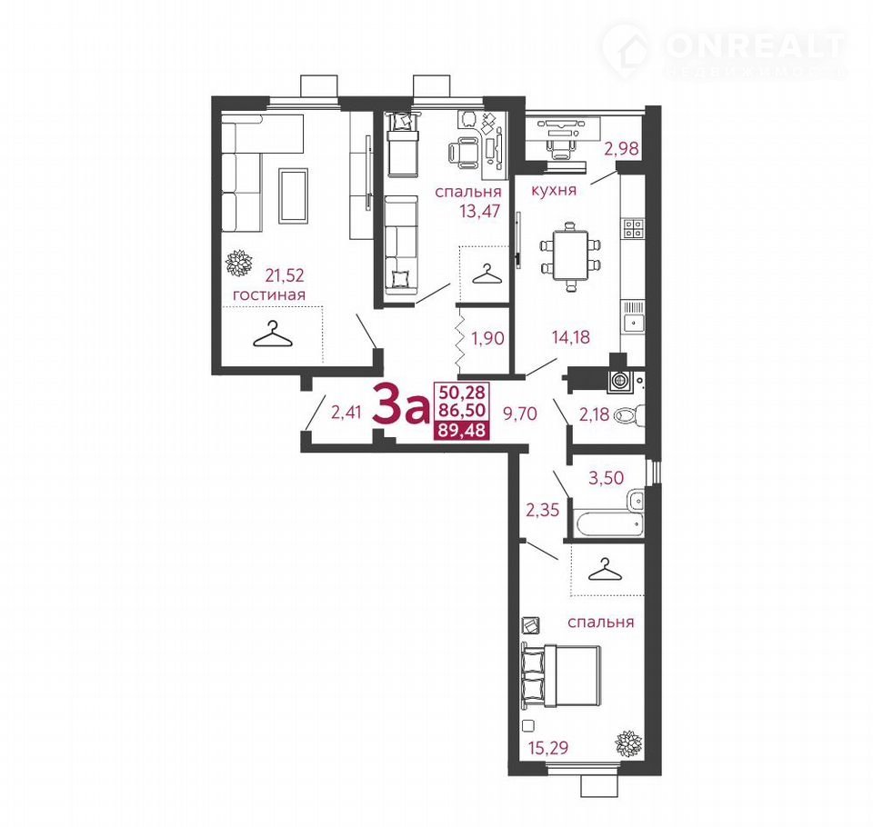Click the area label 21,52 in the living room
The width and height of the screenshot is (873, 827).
285,275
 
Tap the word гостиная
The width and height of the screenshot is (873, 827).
269,294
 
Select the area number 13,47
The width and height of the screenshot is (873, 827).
480,212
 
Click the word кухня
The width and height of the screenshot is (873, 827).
554,190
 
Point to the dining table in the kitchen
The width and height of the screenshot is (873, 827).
571,256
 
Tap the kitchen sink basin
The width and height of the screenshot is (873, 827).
634,323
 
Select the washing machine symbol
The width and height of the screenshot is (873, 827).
618,381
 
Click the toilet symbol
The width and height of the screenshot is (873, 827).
629,415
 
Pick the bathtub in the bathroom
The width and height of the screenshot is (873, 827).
609,524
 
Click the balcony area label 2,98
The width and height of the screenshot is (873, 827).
622,149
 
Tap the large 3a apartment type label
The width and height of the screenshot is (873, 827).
400,404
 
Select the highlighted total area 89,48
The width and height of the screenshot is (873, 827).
461,430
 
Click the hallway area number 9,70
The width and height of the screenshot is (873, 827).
519,413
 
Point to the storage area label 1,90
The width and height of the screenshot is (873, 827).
487,338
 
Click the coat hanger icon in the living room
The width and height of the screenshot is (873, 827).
272,334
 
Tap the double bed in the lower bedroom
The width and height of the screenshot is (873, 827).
561,676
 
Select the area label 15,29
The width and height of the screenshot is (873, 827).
548,747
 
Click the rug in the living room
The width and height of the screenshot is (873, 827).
294,196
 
